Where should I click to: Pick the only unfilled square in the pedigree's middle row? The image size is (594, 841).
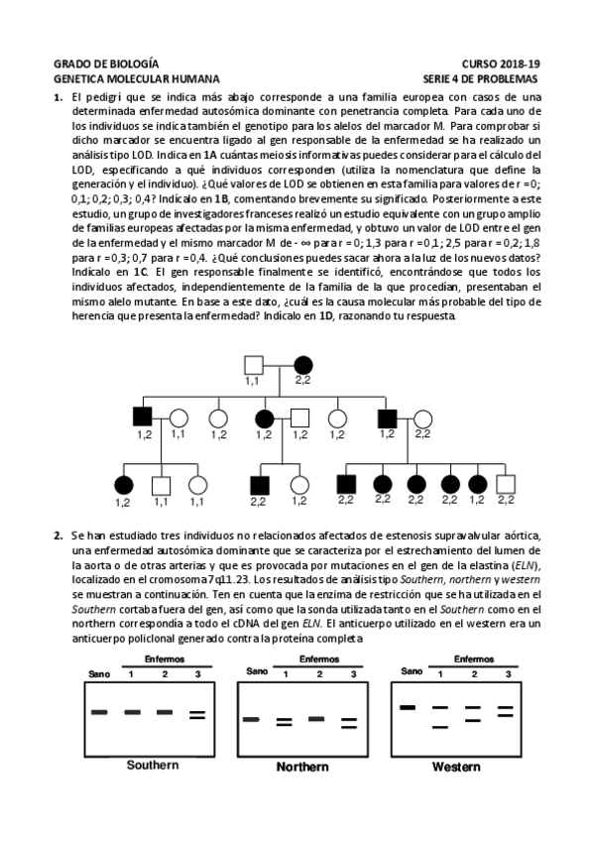point(300,419)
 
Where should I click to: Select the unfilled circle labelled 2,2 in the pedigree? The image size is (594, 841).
point(422,419)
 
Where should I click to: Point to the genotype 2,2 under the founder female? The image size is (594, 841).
point(302,381)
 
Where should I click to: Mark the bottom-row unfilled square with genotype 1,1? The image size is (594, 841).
point(161,485)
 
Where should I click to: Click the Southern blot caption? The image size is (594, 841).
point(152,765)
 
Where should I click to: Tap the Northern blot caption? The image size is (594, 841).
point(302,767)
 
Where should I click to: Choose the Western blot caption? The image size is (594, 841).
point(456,767)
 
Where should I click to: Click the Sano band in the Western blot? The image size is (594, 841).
point(406,707)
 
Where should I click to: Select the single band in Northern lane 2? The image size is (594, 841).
point(318,719)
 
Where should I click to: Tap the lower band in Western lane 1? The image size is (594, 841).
point(439,728)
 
